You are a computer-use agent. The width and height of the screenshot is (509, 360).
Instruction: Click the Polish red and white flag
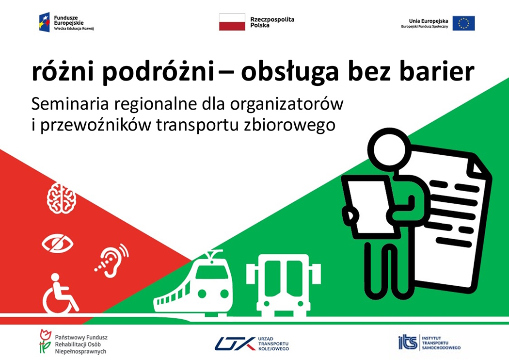pyautogui.click(x=232, y=22)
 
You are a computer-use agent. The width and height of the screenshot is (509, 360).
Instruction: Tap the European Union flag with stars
pyautogui.click(x=463, y=23)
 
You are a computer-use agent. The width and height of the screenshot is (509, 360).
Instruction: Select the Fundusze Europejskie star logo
pyautogui.click(x=45, y=22)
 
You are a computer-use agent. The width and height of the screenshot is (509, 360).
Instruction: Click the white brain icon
pyautogui.click(x=62, y=198)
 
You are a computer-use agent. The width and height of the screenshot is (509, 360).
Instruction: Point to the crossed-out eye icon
pyautogui.click(x=58, y=244)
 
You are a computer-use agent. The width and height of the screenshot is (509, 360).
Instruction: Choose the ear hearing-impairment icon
pyautogui.click(x=112, y=261)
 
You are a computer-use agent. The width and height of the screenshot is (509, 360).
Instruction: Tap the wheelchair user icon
pyautogui.click(x=61, y=294)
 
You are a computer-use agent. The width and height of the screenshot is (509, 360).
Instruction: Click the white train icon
pyautogui.click(x=194, y=283)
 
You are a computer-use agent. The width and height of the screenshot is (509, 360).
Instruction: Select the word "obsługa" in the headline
pyautogui.click(x=289, y=72)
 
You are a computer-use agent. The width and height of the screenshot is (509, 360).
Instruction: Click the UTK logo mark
pyautogui.click(x=235, y=344)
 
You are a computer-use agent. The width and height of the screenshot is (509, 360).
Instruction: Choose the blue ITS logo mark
pyautogui.click(x=408, y=342)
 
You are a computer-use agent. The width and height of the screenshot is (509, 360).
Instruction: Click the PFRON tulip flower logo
pyautogui.click(x=45, y=341)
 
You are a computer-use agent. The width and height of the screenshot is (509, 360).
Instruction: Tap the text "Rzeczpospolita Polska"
pyautogui.click(x=272, y=22)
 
